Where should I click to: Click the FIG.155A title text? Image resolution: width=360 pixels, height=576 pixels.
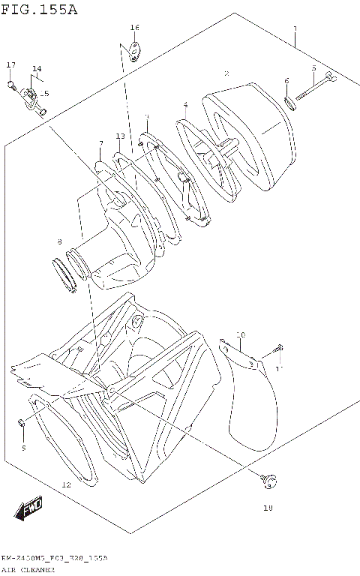[39, 10]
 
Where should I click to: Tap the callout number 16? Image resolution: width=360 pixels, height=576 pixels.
[134, 28]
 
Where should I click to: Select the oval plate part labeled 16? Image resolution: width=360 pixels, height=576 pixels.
[136, 51]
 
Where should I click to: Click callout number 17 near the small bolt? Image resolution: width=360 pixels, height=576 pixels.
[11, 65]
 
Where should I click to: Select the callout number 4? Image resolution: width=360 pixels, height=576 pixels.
[184, 105]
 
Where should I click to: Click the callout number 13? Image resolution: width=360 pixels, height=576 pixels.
[120, 136]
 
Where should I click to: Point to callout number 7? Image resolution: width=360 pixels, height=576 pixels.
[100, 143]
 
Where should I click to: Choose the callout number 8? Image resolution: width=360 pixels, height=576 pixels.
[60, 241]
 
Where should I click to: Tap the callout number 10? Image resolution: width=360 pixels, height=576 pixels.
[240, 334]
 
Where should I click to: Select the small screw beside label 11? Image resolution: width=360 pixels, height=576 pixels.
[278, 349]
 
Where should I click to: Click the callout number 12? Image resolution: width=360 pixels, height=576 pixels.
[66, 485]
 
